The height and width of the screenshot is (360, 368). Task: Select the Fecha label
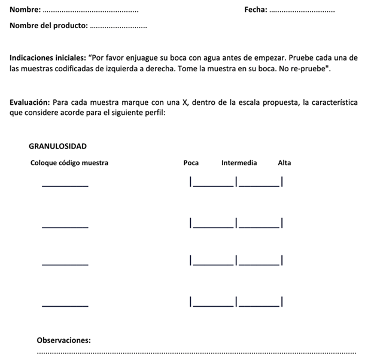256,10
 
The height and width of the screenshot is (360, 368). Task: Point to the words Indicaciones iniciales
48,58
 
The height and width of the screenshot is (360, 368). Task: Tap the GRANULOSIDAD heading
57,146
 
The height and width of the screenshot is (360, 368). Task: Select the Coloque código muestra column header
69,163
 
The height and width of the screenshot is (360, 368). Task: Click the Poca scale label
191,163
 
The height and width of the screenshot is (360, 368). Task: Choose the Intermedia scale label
239,163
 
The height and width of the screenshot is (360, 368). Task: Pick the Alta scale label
284,163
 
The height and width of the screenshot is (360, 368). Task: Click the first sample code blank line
65,185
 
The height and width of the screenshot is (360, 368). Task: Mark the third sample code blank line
65,264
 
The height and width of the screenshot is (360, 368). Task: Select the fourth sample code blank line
65,305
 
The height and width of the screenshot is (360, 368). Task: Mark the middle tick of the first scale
236,181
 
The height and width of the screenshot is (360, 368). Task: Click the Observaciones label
63,340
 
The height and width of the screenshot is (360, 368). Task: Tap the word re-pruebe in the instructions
311,69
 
